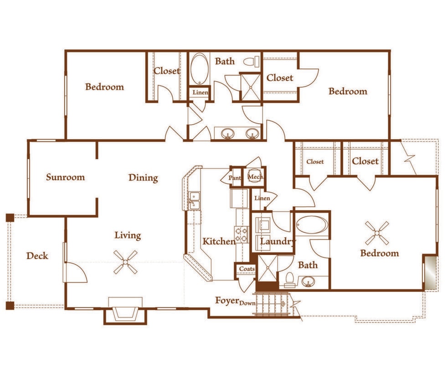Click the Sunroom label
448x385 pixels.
point(65,177)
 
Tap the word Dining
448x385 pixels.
point(143,177)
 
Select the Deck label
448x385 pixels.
point(37,256)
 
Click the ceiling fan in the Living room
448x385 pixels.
point(125,263)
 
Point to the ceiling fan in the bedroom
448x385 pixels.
point(377,233)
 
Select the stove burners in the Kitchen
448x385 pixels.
point(241,234)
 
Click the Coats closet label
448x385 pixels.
point(247,269)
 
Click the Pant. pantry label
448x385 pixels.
point(235,178)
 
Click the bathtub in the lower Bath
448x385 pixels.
point(312,224)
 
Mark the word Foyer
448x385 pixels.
point(227,301)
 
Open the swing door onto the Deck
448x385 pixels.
point(76,272)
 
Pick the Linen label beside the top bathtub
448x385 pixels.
point(200,93)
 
